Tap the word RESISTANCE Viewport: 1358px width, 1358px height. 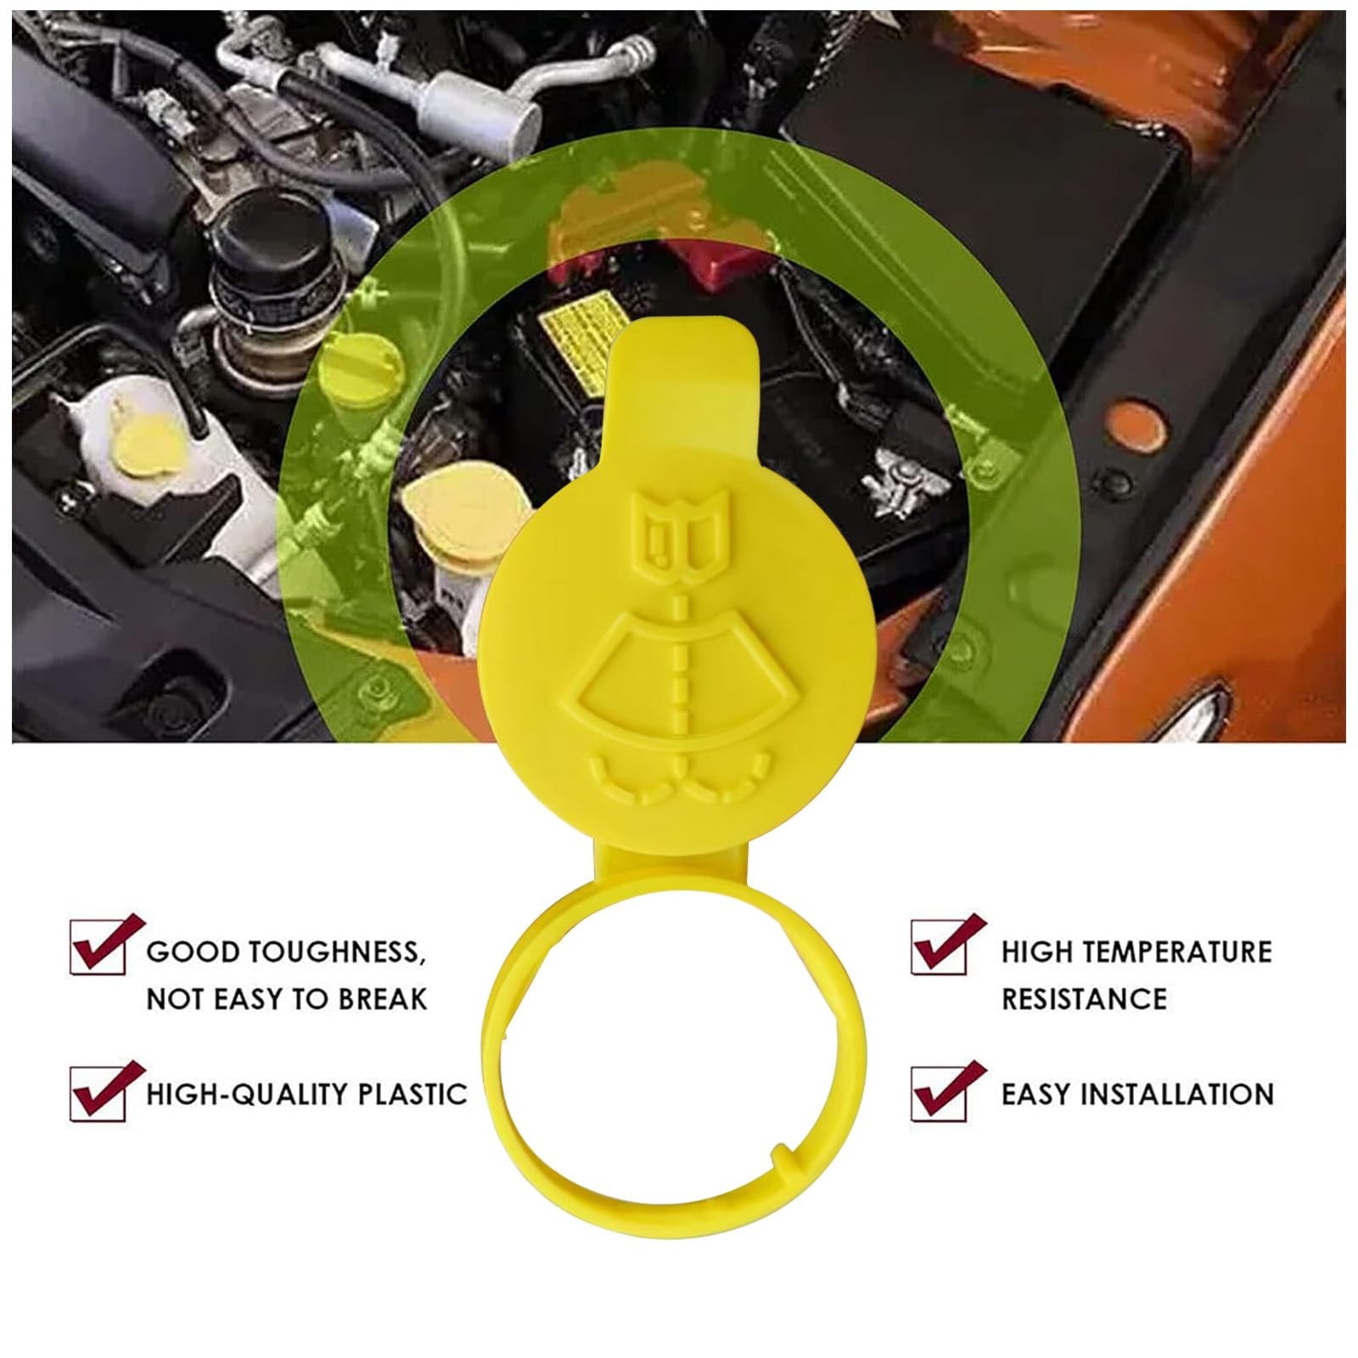click(x=1085, y=999)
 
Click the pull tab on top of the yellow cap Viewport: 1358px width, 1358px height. click(x=683, y=373)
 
